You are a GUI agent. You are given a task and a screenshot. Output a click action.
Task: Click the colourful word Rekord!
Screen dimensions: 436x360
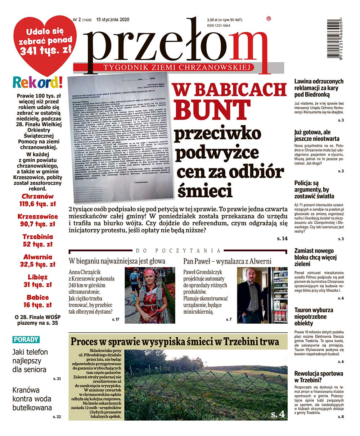click(38, 82)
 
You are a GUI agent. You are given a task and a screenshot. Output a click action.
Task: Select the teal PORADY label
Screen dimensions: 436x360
click(26, 339)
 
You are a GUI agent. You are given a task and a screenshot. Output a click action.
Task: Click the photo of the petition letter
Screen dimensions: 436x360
click(121, 137)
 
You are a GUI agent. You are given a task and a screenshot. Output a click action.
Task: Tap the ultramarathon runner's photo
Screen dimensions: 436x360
click(150, 295)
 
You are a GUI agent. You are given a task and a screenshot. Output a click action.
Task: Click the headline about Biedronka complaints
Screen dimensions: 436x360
click(319, 88)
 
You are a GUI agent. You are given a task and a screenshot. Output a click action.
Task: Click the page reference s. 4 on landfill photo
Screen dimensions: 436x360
click(278, 414)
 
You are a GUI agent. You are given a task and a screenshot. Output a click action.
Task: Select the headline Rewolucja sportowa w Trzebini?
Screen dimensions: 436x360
click(319, 377)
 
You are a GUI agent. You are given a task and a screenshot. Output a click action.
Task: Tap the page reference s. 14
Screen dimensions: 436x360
click(282, 239)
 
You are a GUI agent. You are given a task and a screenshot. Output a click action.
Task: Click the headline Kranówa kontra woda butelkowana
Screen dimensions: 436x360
click(32, 399)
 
